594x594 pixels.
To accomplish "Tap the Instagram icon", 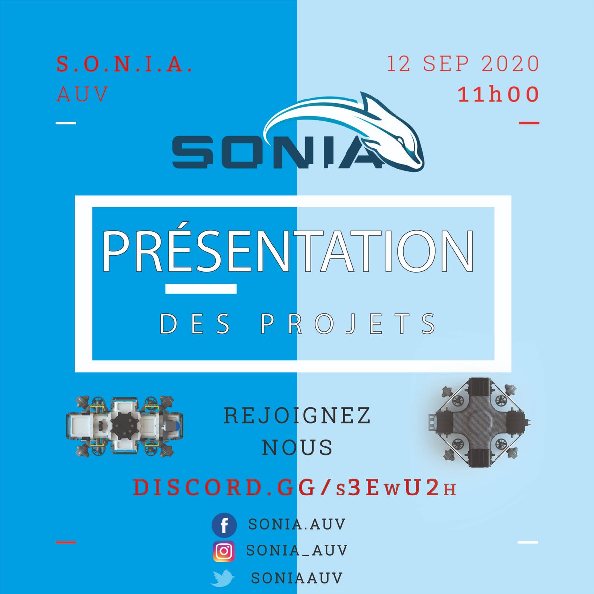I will (224, 551).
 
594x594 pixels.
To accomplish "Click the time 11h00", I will (498, 95).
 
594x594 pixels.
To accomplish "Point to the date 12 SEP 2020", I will (462, 64).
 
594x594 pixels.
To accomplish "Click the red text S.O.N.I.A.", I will (124, 64).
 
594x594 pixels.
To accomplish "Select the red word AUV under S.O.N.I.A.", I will (82, 94).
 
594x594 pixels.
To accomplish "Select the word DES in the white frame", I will (196, 324).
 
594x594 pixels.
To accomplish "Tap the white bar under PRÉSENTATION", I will (200, 289).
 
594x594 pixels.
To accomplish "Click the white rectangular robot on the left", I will (124, 424).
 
